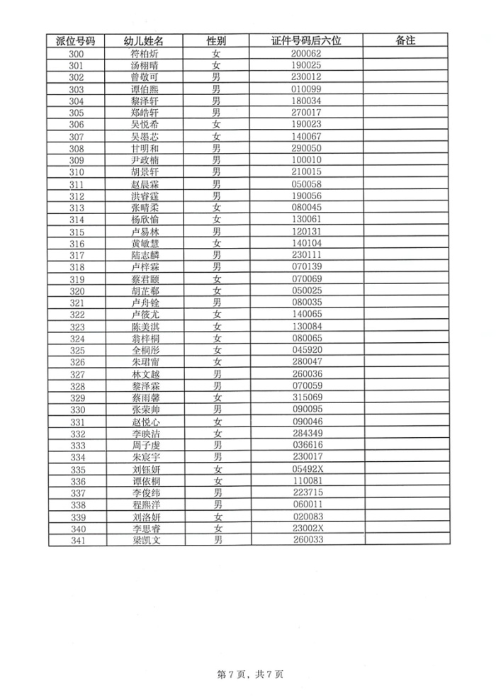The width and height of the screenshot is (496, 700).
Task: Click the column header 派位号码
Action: click(77, 40)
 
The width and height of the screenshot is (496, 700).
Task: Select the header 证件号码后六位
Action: click(307, 40)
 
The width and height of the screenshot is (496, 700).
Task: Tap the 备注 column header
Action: click(405, 40)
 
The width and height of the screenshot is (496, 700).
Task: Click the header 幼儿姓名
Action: click(144, 40)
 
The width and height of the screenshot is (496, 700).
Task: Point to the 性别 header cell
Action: click(217, 40)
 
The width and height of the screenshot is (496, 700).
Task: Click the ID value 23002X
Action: click(308, 529)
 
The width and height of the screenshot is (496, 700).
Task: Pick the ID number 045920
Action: click(307, 350)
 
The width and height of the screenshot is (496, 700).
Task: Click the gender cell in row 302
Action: click(217, 77)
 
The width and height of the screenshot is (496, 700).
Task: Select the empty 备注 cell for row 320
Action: click(405, 290)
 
